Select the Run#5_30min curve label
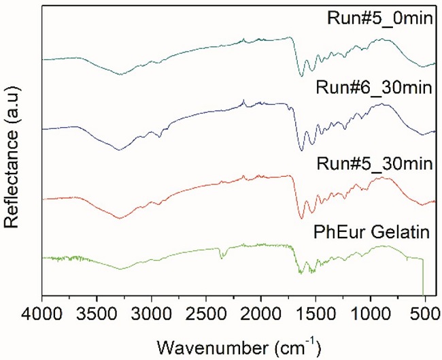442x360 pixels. pyautogui.click(x=380, y=164)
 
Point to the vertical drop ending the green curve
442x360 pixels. pyautogui.click(x=424, y=279)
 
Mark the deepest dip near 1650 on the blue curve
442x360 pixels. pyautogui.click(x=301, y=150)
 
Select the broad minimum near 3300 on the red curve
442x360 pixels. pyautogui.click(x=120, y=218)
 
